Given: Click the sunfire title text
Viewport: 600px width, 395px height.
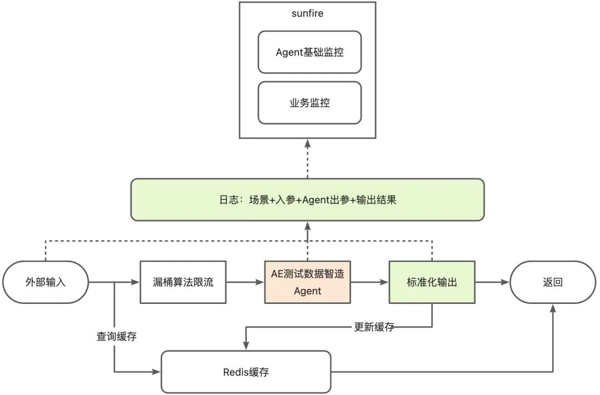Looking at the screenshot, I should [307, 13].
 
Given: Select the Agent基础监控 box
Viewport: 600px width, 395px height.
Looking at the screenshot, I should [309, 52].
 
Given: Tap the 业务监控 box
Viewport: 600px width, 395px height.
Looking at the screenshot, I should [309, 103].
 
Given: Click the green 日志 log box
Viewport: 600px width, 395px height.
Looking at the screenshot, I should [307, 199].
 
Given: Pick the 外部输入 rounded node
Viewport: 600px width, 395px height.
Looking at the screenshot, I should [46, 282].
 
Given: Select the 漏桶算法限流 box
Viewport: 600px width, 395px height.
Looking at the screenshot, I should [183, 282].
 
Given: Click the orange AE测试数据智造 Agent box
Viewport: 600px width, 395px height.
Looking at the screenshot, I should [307, 282].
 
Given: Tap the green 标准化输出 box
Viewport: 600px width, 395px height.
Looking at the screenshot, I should [432, 282].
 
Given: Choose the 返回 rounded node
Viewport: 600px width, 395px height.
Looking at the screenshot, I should [552, 282].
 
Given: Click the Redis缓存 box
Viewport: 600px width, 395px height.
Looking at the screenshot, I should [246, 372].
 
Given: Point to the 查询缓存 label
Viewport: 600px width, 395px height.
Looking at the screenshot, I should [117, 336].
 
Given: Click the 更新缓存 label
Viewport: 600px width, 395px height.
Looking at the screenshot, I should [374, 327].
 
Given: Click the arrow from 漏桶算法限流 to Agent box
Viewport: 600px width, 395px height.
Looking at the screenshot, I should [245, 282].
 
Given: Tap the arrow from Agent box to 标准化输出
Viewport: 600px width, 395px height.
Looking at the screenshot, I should [369, 282].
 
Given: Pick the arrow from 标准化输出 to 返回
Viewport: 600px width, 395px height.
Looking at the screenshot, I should [492, 282].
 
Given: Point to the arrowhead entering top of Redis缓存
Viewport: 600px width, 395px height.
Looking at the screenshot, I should [246, 346].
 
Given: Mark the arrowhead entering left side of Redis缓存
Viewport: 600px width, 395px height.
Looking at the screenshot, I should [156, 372].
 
